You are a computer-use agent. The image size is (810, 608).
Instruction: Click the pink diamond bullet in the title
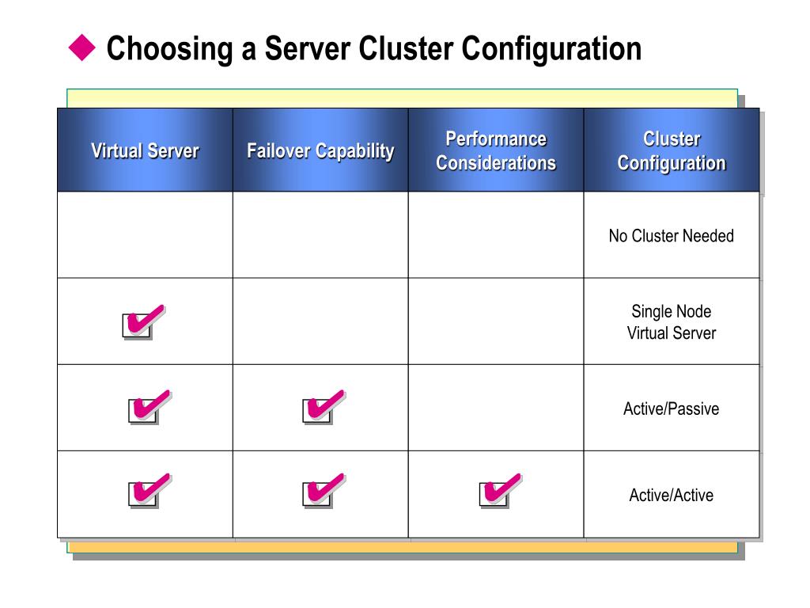(x=81, y=49)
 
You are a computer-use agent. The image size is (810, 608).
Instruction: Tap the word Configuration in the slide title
(x=551, y=49)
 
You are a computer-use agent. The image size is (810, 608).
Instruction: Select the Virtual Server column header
(x=145, y=150)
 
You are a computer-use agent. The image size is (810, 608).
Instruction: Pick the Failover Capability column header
(x=320, y=150)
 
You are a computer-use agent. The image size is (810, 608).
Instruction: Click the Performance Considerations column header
(x=496, y=150)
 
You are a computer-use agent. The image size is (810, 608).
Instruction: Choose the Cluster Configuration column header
(x=672, y=150)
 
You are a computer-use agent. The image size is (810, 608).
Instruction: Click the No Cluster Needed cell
(x=672, y=236)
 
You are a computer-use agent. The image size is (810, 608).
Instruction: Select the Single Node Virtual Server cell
(x=672, y=322)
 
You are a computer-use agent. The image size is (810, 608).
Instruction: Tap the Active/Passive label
(x=672, y=408)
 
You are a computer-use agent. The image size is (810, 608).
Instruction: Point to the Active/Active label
(x=672, y=495)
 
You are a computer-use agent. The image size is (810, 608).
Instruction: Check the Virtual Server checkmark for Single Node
(x=143, y=321)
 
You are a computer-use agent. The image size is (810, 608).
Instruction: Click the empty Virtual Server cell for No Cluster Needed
(x=145, y=235)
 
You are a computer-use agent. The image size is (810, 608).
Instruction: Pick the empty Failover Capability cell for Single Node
(x=320, y=321)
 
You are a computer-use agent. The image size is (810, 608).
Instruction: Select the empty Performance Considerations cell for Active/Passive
(x=496, y=408)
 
